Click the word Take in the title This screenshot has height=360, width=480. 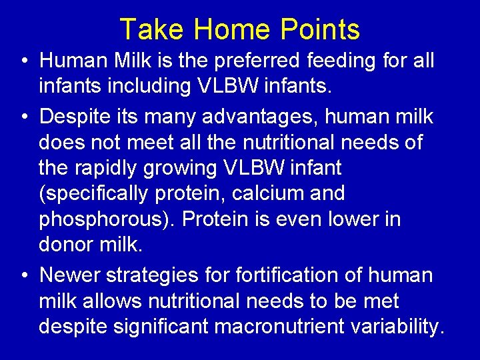(x=153, y=29)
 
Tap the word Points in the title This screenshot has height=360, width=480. (x=320, y=29)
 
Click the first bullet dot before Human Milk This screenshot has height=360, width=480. (x=24, y=61)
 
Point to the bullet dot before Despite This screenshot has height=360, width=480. (x=24, y=117)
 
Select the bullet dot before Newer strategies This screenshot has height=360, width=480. (x=24, y=275)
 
